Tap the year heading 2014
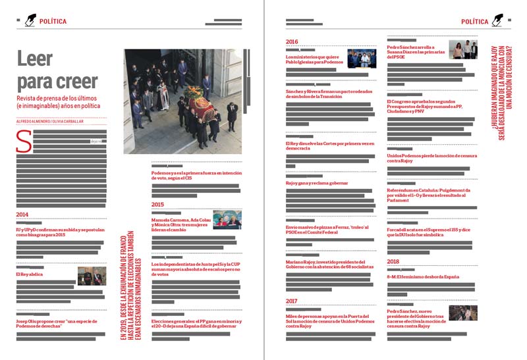pos(22,215)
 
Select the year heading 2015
pos(157,205)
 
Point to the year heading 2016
pos(292,42)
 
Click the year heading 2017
pos(292,301)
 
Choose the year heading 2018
pos(393,261)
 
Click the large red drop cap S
pos(24,141)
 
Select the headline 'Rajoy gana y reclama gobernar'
pos(317,183)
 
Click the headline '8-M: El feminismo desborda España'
pos(423,276)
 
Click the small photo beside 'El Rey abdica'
pos(92,276)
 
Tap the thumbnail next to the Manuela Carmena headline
pos(227,220)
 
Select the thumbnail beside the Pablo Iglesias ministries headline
pos(362,59)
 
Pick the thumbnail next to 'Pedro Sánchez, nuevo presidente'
pos(463,313)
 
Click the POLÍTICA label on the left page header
pos(53,21)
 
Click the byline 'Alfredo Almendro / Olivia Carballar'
pos(49,121)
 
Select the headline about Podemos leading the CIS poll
pos(195,175)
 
